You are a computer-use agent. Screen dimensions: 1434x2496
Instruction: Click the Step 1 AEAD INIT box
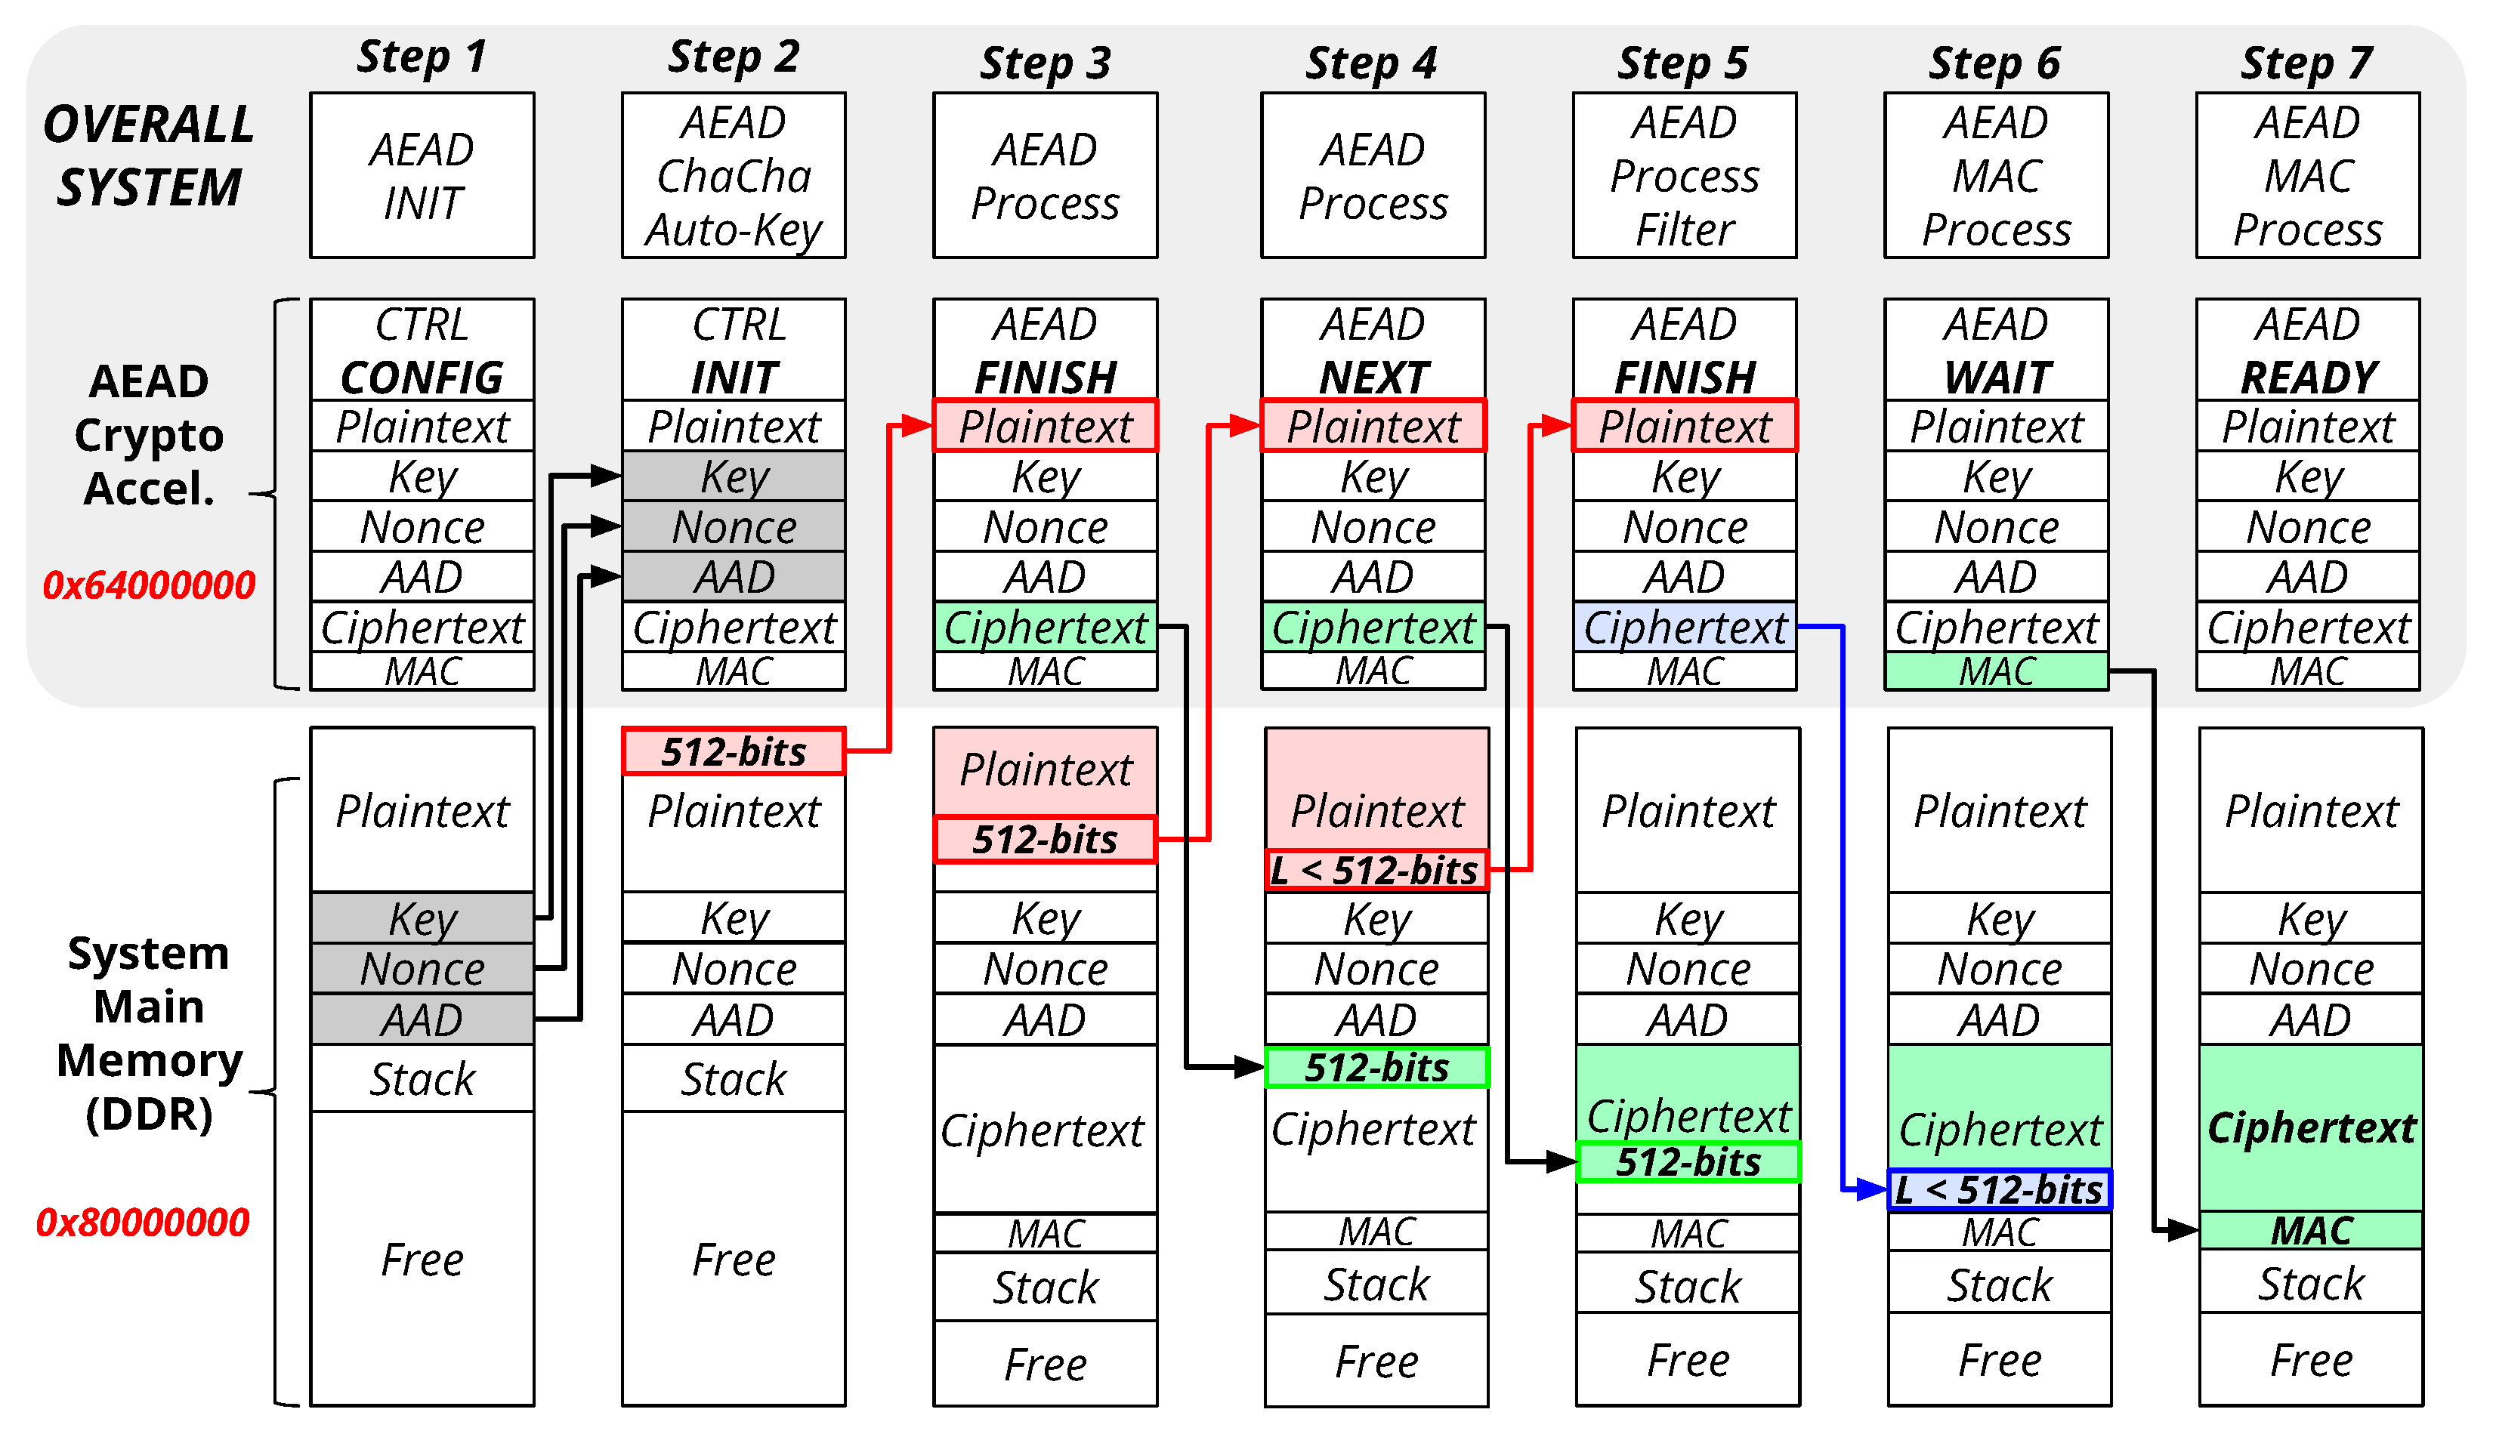[422, 175]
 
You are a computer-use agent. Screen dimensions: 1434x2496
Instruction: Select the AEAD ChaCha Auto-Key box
[733, 175]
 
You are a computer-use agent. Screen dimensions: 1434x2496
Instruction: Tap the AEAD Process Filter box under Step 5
[1685, 175]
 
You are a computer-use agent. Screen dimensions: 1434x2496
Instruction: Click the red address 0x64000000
[149, 585]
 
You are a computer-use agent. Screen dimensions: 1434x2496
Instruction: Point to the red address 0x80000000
[143, 1223]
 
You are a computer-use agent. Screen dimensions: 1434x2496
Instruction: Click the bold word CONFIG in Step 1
[422, 378]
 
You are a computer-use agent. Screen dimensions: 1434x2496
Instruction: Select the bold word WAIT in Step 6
[1997, 378]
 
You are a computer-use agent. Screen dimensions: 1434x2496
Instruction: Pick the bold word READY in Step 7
[2308, 378]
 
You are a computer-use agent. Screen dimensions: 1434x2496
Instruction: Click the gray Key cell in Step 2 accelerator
[733, 476]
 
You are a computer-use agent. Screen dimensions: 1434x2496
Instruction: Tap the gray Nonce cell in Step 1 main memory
[422, 968]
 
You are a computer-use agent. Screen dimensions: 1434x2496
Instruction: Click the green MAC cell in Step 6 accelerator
[1997, 671]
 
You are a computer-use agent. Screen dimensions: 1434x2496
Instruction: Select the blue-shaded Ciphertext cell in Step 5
[1685, 627]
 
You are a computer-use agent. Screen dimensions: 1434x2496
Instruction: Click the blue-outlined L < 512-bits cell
[2000, 1190]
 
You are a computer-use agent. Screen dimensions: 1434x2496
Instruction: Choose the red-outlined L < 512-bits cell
[1376, 870]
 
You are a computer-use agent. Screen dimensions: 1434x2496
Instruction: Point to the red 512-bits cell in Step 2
[733, 751]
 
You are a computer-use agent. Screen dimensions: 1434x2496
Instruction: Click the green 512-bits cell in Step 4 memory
[1376, 1067]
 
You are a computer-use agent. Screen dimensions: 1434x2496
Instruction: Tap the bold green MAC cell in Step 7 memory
[2311, 1230]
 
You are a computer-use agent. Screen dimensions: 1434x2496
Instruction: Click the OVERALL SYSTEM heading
[149, 156]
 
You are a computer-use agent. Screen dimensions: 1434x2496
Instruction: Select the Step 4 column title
[1371, 63]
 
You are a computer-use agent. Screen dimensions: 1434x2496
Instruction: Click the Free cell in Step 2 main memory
[733, 1259]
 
